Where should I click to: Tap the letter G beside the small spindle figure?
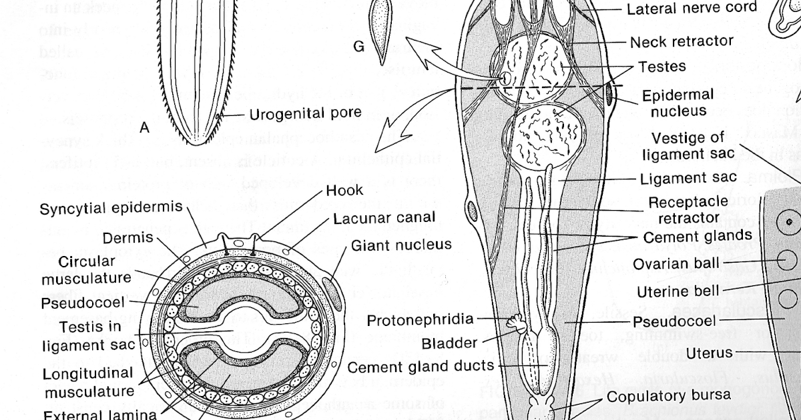pos(359,47)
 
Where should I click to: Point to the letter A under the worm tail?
pos(145,129)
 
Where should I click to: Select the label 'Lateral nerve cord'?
pos(692,9)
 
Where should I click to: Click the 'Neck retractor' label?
pos(681,41)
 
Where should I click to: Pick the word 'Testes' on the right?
pos(661,67)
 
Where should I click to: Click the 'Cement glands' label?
pos(698,237)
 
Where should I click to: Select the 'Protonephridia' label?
pos(420,321)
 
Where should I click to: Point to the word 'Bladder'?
pos(449,343)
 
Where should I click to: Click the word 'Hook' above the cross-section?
pos(344,191)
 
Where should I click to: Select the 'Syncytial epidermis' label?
pos(111,208)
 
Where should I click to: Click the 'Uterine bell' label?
pos(677,291)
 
